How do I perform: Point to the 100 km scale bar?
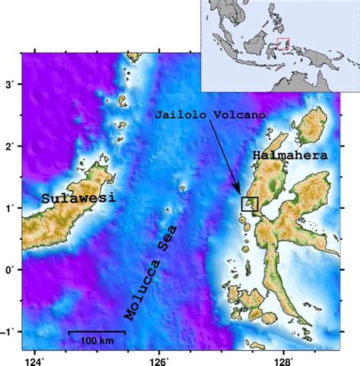click(96, 332)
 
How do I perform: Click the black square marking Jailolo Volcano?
click(250, 204)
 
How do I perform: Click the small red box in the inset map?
click(283, 43)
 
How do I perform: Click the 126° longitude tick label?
click(159, 358)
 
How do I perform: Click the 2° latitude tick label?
click(11, 146)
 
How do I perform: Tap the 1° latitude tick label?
click(11, 208)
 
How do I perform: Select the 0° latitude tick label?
click(11, 270)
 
